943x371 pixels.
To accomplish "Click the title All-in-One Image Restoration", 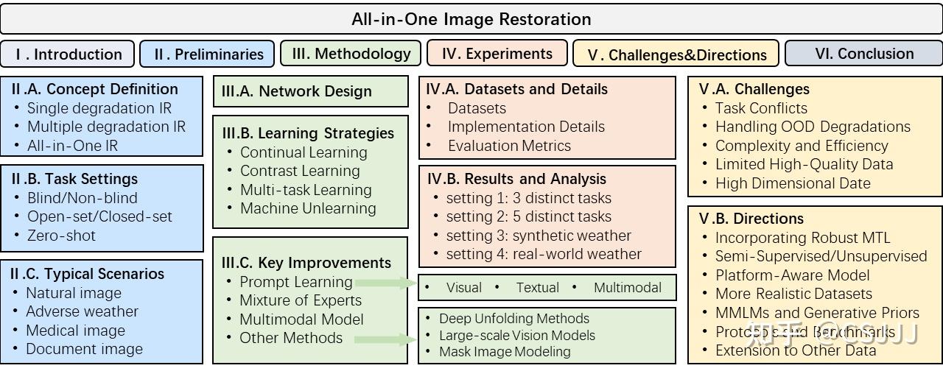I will click(471, 19).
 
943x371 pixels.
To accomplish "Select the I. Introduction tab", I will click(69, 54).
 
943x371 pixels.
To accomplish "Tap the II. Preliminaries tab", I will click(208, 54).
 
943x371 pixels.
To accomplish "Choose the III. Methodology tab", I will click(351, 53).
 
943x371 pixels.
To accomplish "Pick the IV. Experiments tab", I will click(497, 53).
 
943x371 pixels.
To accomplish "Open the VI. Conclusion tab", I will click(864, 53).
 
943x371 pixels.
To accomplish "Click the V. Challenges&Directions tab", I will click(676, 54).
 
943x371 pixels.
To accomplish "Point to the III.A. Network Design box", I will click(310, 91).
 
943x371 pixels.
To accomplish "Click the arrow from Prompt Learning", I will click(385, 282).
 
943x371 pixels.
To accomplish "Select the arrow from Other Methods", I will click(385, 339).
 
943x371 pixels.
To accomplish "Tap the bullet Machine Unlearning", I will click(308, 208).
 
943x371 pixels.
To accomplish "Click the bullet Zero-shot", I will click(61, 236).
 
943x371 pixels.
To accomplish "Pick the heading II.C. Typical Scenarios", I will click(87, 274).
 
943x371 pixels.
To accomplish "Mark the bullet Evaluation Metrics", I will click(509, 145).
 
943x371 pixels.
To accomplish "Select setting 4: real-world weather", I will click(544, 254).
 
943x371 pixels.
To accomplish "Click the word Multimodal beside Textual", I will click(628, 287).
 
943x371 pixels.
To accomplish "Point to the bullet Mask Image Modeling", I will click(505, 352).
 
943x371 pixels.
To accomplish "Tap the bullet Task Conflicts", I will click(761, 107).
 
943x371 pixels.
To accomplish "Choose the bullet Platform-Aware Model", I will click(792, 275).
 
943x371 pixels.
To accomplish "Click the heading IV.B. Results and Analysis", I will click(516, 179).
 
